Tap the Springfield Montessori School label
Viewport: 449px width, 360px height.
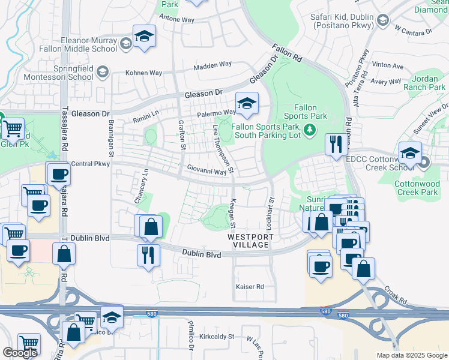tap(64, 73)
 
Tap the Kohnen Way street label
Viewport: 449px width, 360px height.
tap(144, 73)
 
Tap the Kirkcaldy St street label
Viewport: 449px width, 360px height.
tap(216, 337)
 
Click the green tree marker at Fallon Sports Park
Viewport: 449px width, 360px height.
tap(309, 128)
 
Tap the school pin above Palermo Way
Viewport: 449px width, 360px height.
tap(246, 104)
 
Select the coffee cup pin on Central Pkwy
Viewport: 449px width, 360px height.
tap(58, 174)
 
